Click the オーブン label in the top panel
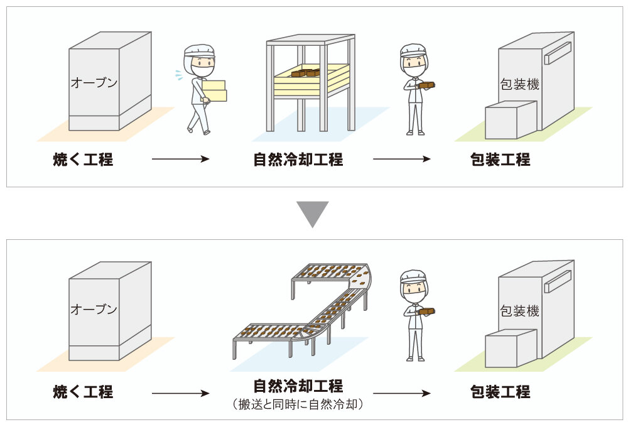(x=94, y=82)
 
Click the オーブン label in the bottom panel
(x=94, y=309)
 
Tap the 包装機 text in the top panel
(x=519, y=84)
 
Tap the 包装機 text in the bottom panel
(x=519, y=311)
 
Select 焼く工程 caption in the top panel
(x=83, y=159)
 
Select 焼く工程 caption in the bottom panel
(x=83, y=392)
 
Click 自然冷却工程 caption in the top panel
(x=298, y=159)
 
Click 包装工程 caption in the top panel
(x=500, y=159)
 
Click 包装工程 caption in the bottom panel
(x=500, y=392)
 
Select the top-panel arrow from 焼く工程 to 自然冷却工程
(x=180, y=159)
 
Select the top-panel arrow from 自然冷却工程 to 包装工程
(x=402, y=159)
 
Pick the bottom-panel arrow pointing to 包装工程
(x=402, y=393)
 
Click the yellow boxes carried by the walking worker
(x=215, y=90)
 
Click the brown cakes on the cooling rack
(x=308, y=72)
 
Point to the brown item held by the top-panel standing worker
(x=427, y=84)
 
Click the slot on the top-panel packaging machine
(x=557, y=53)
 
